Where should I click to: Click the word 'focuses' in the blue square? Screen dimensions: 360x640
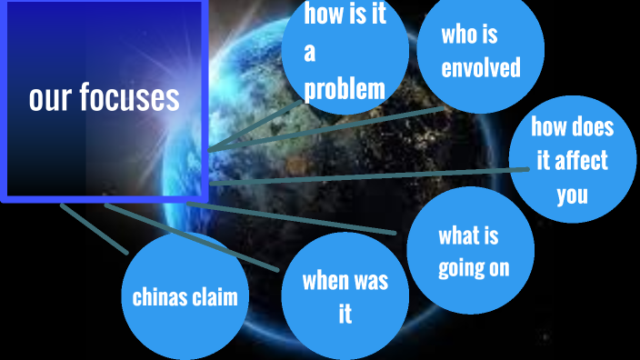(x=130, y=98)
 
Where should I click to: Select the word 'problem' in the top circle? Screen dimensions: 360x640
(x=345, y=89)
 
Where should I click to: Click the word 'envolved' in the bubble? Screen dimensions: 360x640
(x=480, y=67)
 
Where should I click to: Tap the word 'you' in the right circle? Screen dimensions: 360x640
(x=572, y=194)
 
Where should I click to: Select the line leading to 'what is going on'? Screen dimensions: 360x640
(x=300, y=219)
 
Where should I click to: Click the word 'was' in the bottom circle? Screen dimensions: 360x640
(x=370, y=280)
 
